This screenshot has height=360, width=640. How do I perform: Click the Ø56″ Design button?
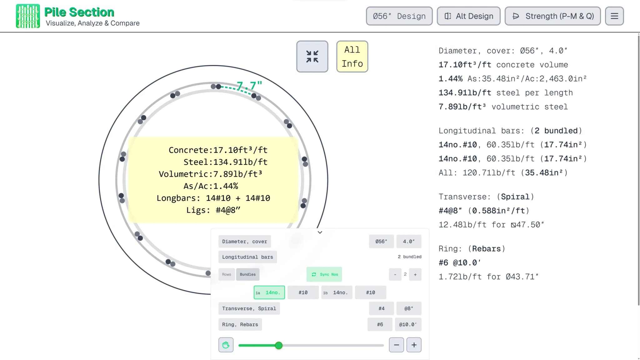[x=399, y=16]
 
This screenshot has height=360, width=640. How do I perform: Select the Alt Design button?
[x=468, y=16]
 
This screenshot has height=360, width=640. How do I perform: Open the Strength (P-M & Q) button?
[x=552, y=16]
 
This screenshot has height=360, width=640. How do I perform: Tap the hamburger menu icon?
[x=614, y=16]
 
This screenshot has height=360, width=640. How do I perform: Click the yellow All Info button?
[x=352, y=57]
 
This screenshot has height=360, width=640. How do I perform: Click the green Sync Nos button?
[x=324, y=274]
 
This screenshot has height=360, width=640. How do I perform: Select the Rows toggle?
[x=227, y=274]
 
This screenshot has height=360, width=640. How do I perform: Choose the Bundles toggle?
[x=248, y=274]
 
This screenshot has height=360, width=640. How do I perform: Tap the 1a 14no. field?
[x=269, y=292]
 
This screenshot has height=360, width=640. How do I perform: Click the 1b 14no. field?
[x=337, y=292]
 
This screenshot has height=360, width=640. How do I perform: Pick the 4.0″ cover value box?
[x=409, y=242]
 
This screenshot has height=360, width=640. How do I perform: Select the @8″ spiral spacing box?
[x=409, y=308]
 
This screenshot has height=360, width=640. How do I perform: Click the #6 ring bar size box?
[x=380, y=324]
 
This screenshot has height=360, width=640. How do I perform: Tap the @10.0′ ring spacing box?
[x=408, y=324]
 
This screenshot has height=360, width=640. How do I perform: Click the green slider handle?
[x=279, y=345]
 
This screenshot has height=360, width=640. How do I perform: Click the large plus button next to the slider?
[x=414, y=345]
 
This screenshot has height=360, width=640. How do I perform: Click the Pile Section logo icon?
[x=28, y=16]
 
